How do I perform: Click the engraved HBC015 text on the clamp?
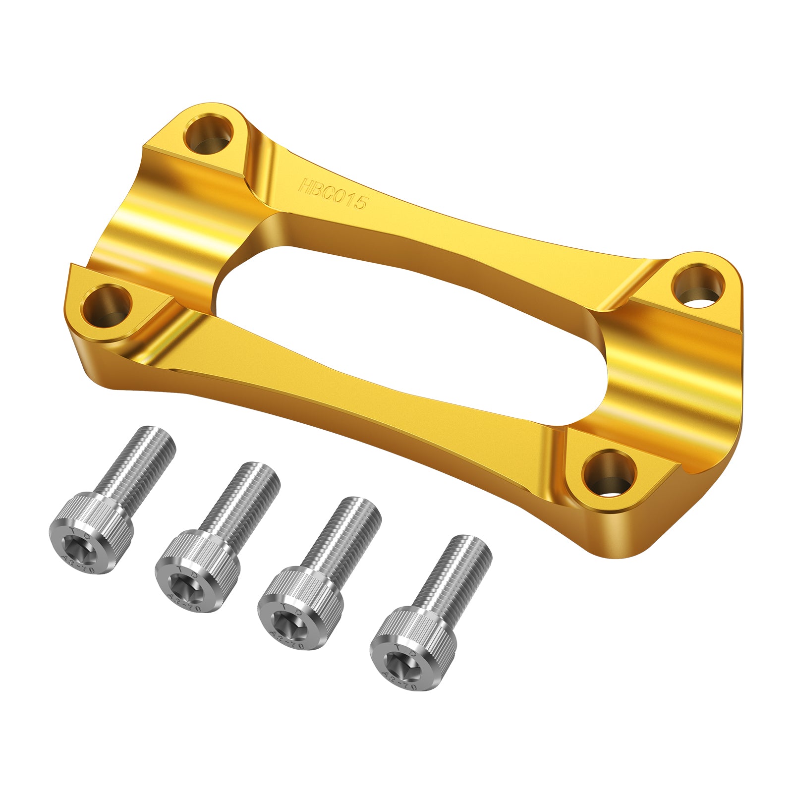pos(333,195)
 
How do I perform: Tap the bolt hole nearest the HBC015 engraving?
pos(208,132)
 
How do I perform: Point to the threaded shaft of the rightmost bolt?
pos(456,575)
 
